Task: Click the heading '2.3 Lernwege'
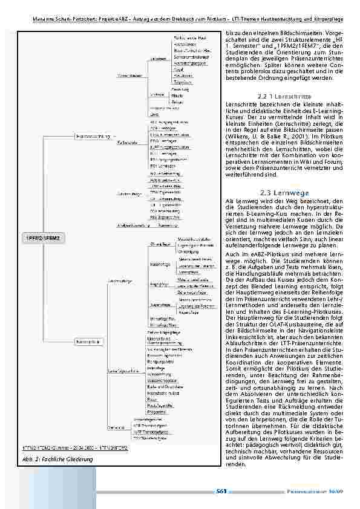[283, 192]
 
